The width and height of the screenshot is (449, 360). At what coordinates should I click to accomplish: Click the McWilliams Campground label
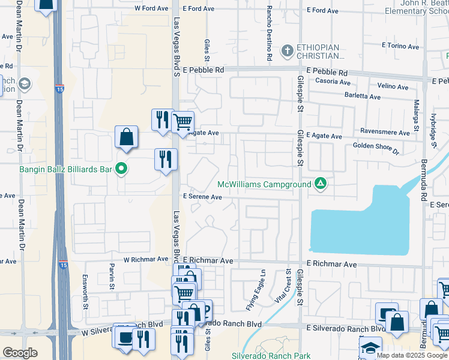[x=264, y=184]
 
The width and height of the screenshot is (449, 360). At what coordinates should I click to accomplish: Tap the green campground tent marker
[x=321, y=184]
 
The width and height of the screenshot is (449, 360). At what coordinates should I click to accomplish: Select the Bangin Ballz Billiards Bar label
[x=58, y=170]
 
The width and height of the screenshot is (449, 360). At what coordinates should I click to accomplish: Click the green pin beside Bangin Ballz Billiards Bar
[x=122, y=170]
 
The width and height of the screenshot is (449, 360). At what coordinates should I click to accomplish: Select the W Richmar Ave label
[x=146, y=260]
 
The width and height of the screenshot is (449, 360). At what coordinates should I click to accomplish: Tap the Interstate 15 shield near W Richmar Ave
[x=63, y=264]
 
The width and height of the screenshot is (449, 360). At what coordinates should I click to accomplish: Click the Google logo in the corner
[x=20, y=353]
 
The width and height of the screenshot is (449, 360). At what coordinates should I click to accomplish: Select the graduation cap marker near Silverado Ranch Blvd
[x=370, y=348]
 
